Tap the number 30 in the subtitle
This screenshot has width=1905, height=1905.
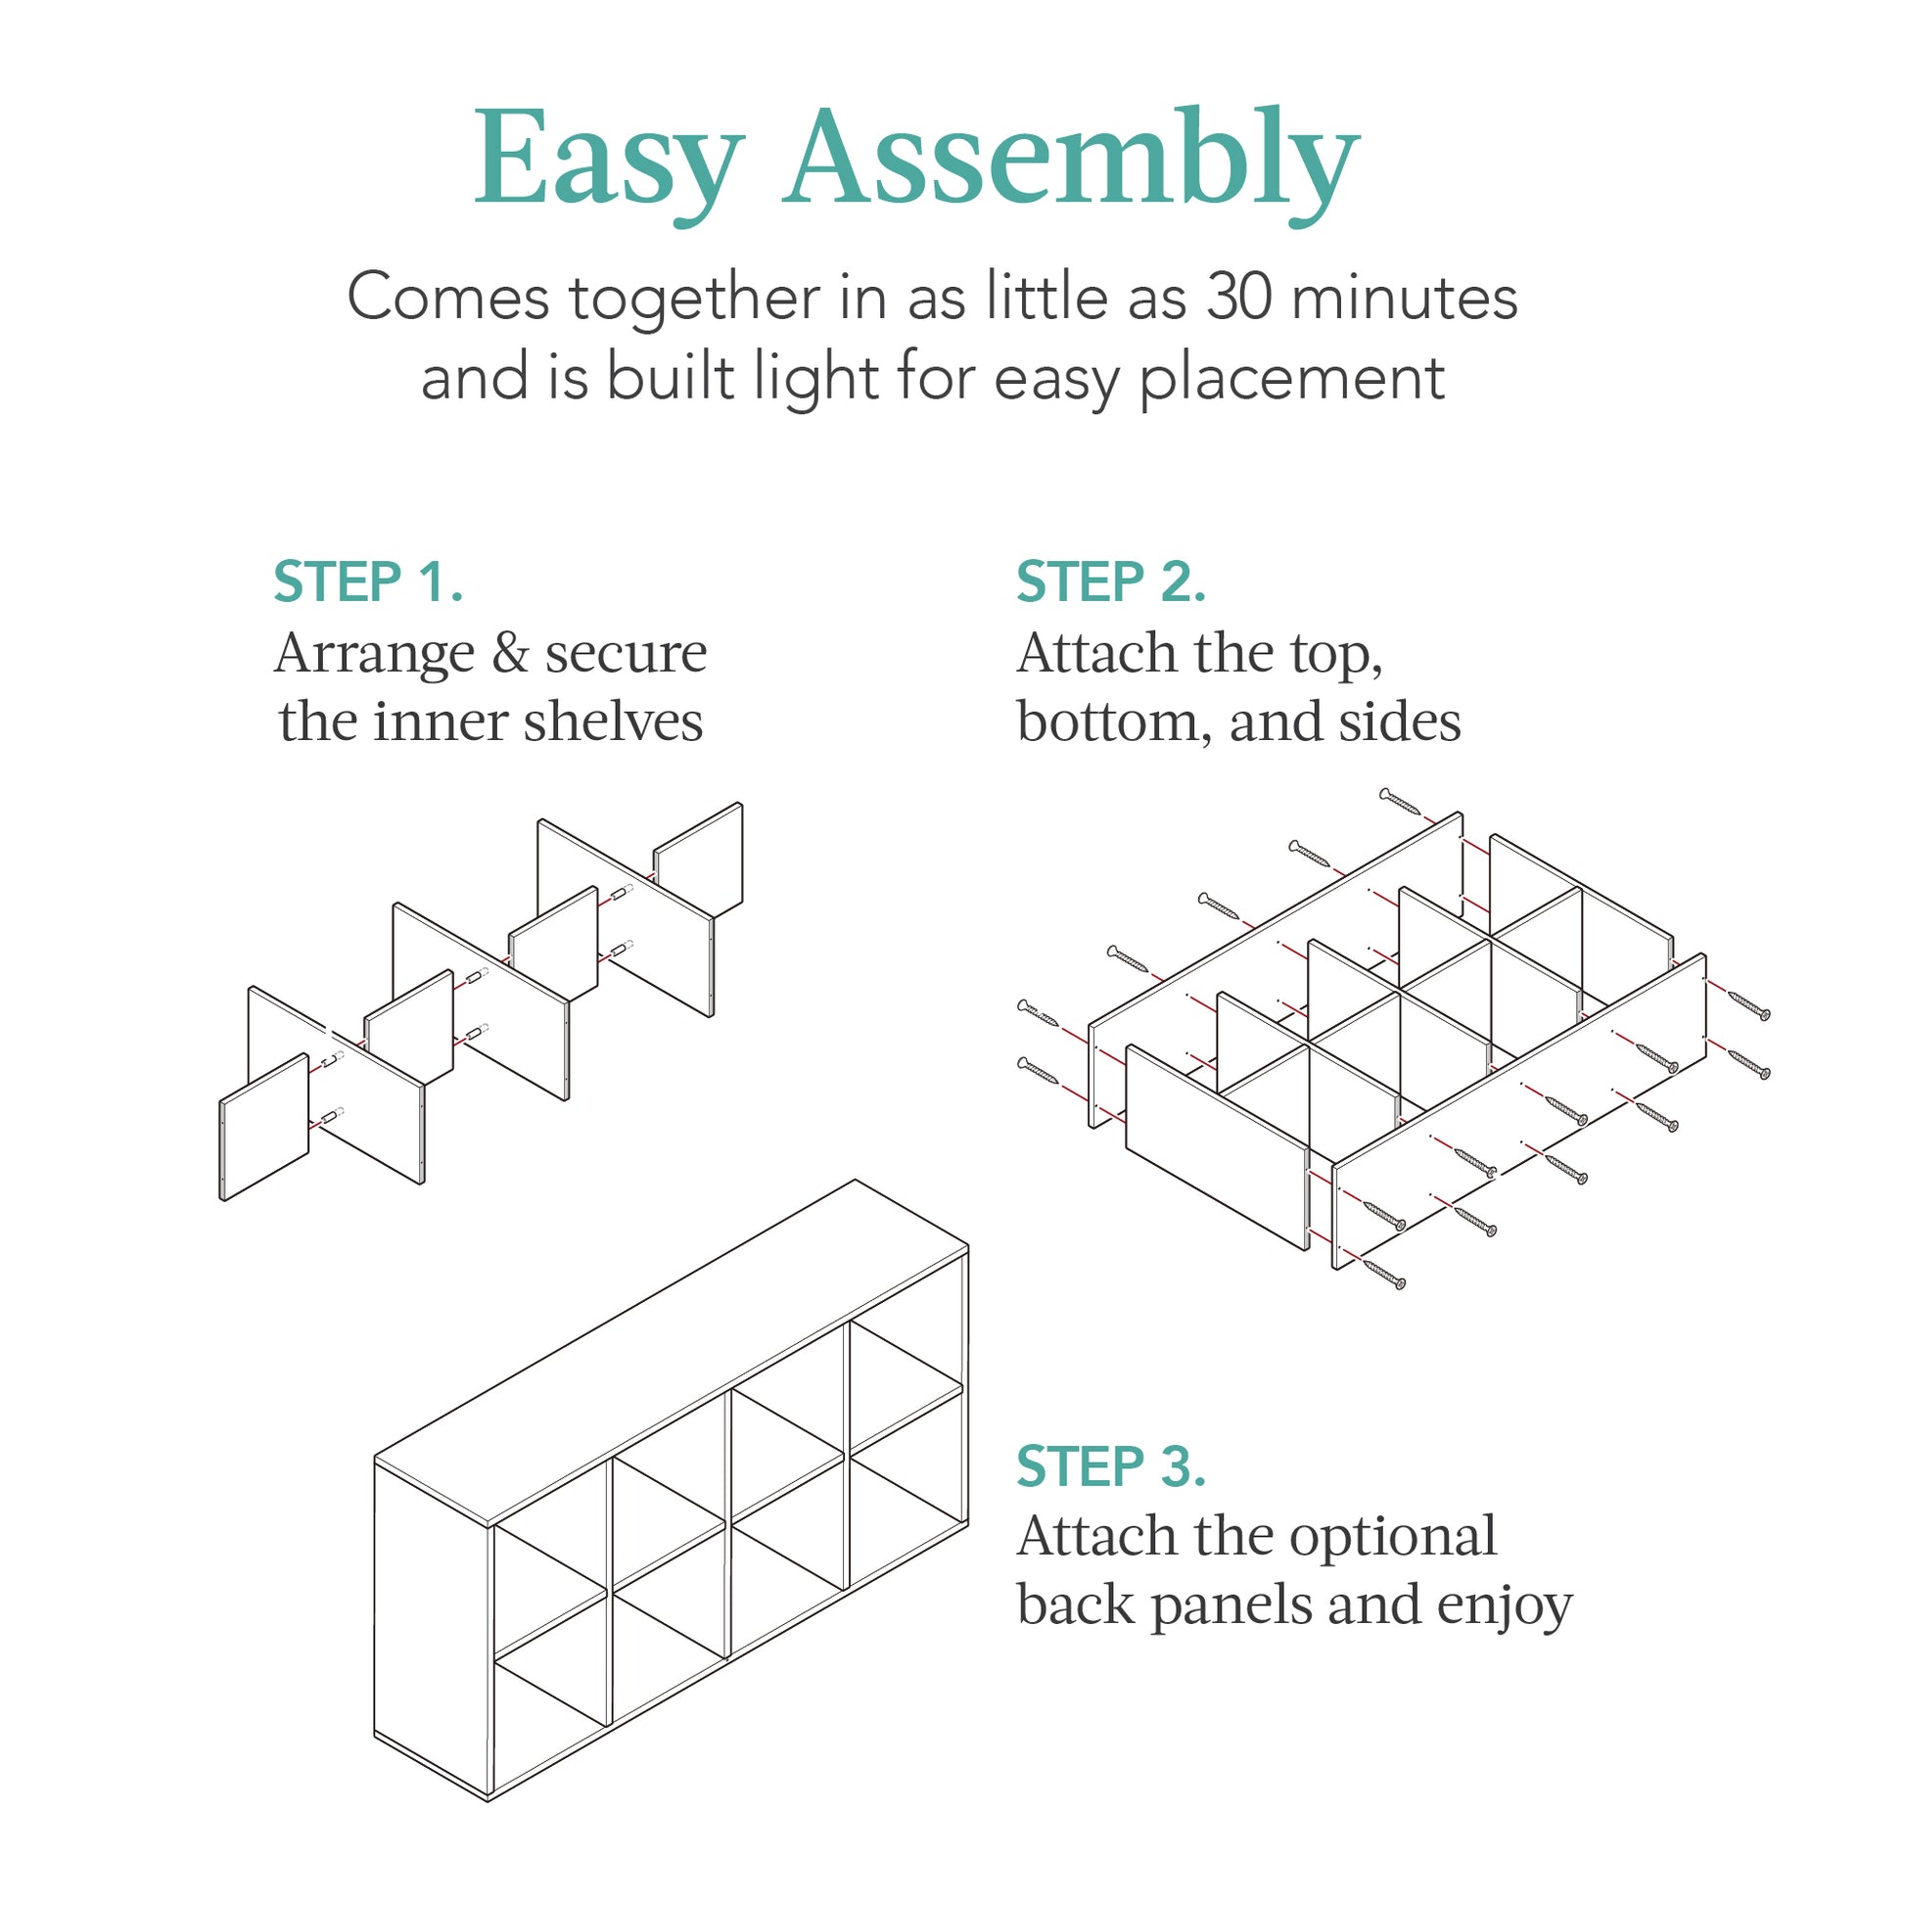pyautogui.click(x=1240, y=298)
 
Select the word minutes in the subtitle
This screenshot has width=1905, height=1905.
pyautogui.click(x=1404, y=298)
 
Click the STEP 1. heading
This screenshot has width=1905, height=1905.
pyautogui.click(x=368, y=581)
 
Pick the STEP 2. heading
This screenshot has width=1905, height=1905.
pyautogui.click(x=1111, y=581)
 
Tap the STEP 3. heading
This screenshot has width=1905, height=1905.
pyautogui.click(x=1111, y=1466)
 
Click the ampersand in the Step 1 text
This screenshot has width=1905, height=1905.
pyautogui.click(x=510, y=654)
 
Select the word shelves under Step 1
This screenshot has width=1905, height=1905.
pyautogui.click(x=613, y=721)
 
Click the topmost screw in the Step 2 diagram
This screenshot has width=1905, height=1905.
pyautogui.click(x=1399, y=801)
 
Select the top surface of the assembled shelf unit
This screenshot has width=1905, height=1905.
pyautogui.click(x=671, y=1351)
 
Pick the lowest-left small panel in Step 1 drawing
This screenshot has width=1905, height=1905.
pyautogui.click(x=264, y=1127)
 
